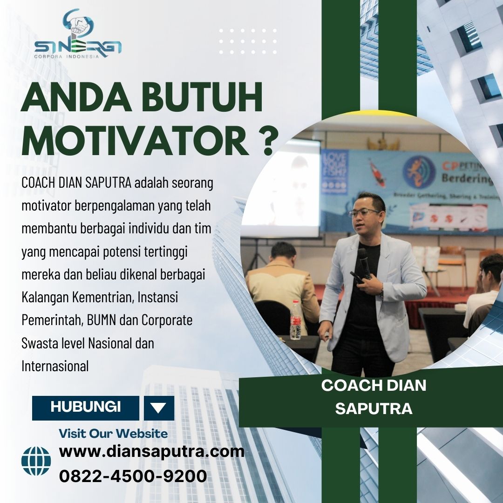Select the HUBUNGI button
(x=86, y=408)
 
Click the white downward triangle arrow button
(x=159, y=408)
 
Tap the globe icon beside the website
(x=36, y=461)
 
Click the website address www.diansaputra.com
(x=152, y=452)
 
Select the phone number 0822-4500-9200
(x=133, y=476)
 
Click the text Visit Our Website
(x=113, y=434)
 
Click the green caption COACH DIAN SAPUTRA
(x=374, y=397)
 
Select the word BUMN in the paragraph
(x=102, y=320)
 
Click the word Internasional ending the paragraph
(x=55, y=366)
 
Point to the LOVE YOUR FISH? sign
(x=334, y=172)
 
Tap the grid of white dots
(x=248, y=41)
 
